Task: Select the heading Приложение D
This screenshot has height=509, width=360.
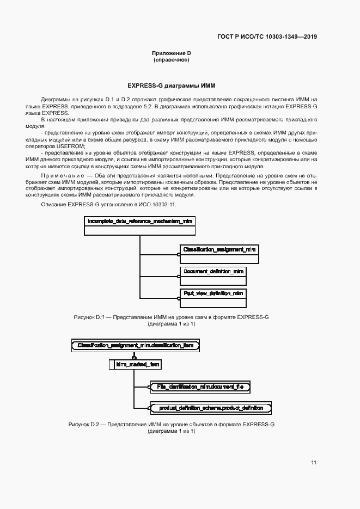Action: click(172, 53)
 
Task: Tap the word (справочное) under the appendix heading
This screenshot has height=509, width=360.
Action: click(172, 59)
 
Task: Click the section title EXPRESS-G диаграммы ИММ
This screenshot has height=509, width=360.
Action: click(172, 85)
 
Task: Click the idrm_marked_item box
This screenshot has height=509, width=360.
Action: click(136, 365)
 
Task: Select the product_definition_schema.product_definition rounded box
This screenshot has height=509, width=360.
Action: click(210, 407)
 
